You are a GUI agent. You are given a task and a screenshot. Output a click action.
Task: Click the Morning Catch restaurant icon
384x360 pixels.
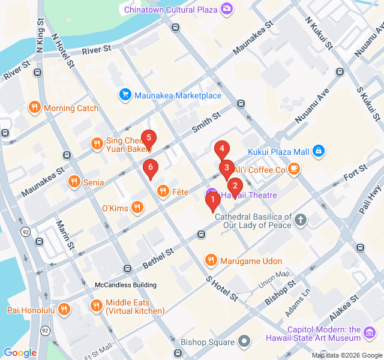35,108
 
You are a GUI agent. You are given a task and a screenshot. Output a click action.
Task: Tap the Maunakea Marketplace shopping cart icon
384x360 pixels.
125,95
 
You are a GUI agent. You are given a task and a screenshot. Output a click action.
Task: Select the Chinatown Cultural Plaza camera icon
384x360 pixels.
227,8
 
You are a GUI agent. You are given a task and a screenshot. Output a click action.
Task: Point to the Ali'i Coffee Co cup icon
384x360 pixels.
293,170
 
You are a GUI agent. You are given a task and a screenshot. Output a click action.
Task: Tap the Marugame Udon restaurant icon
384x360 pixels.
210,260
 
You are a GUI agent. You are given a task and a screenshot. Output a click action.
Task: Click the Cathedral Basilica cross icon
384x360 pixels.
301,220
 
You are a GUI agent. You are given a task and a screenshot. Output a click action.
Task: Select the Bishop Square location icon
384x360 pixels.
244,342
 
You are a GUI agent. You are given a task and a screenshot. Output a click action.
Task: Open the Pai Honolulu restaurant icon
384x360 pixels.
65,310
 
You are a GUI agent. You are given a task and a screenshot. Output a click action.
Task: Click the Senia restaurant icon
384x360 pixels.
74,181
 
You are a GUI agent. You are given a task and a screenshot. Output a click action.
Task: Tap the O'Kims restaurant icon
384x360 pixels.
138,208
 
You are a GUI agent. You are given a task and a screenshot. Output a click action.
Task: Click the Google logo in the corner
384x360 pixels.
20,353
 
